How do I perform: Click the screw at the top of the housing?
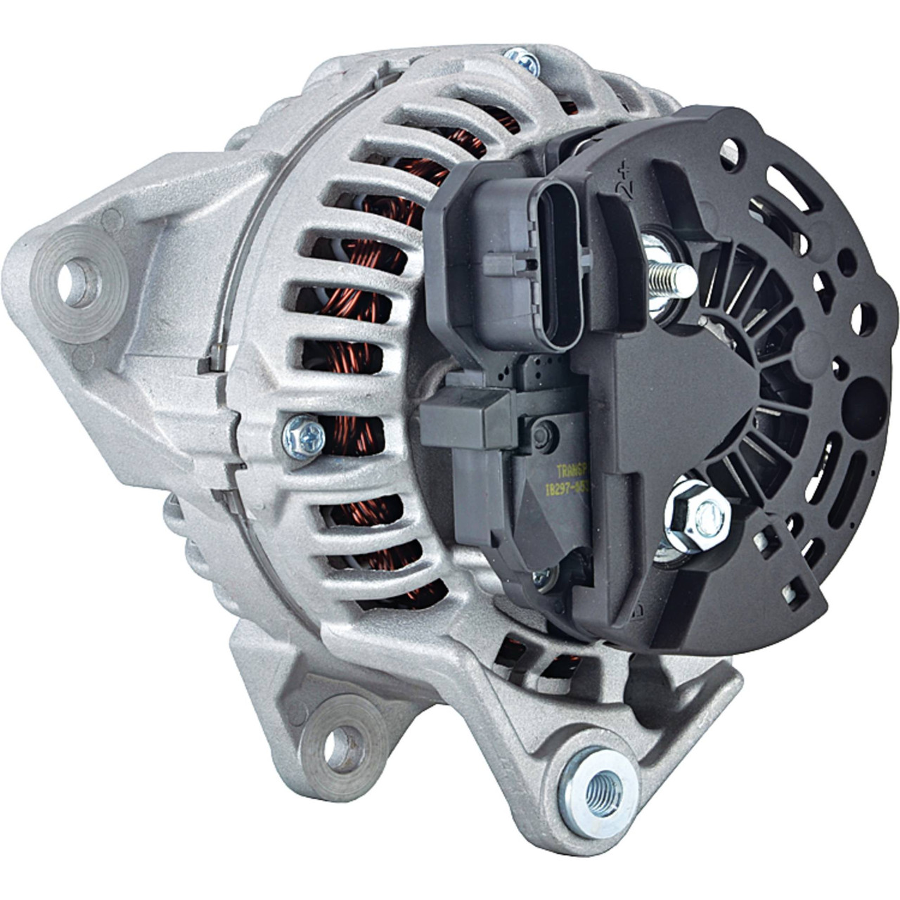tap(522, 61)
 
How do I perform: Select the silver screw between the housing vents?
tap(303, 436)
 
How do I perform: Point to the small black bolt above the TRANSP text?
tap(543, 437)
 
